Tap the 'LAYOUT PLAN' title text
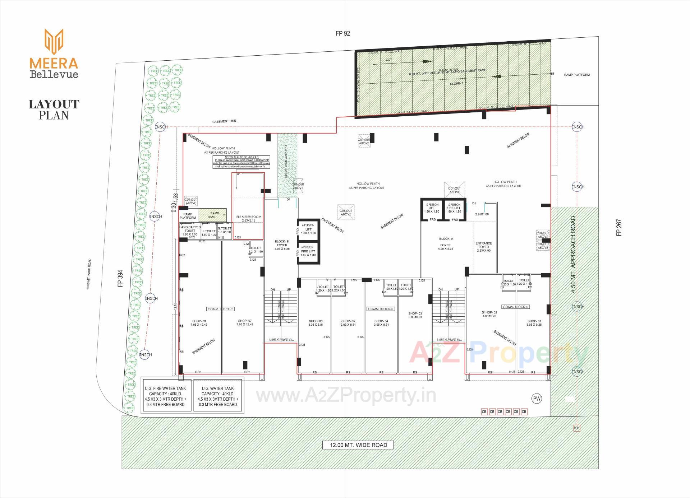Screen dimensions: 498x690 [54, 110]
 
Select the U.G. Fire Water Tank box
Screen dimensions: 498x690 [165, 396]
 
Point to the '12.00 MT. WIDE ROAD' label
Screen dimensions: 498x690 [358, 445]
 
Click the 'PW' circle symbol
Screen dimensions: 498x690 [537, 399]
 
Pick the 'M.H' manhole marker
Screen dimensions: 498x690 [576, 428]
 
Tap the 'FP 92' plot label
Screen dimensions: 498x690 [342, 33]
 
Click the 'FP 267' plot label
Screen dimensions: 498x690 [619, 227]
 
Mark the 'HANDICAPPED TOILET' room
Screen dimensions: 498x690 [190, 231]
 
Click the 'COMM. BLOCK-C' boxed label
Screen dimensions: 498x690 [220, 309]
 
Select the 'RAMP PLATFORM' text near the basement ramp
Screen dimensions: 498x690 [577, 75]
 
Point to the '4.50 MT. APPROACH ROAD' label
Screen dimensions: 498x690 [573, 254]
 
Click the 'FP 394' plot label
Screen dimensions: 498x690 [120, 278]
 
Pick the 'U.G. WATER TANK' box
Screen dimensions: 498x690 [218, 396]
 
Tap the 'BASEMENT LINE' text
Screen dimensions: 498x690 [224, 121]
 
